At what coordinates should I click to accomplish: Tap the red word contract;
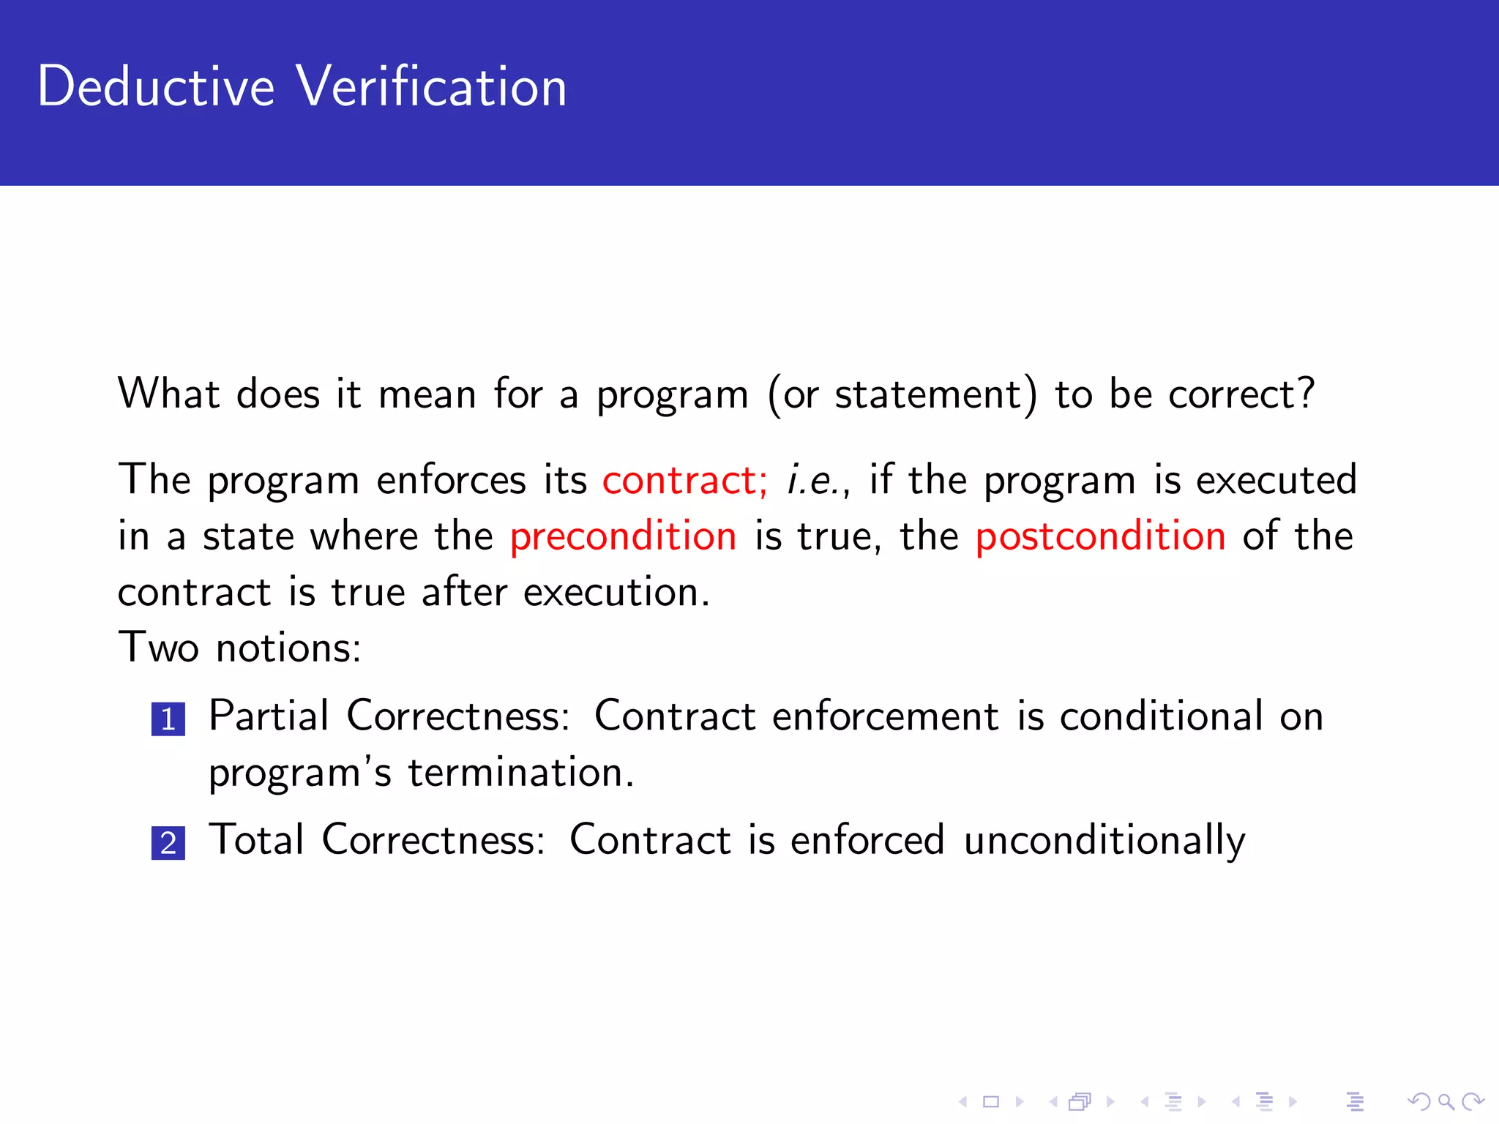coord(684,480)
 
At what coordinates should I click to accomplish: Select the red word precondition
coord(623,536)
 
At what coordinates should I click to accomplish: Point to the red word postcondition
coord(1100,536)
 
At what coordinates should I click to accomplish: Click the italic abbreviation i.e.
coord(810,480)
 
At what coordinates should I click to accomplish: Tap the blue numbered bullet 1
coord(168,719)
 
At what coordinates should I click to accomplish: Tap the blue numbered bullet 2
coord(168,843)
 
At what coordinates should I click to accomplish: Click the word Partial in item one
coord(269,716)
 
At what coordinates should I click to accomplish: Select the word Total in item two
coord(256,839)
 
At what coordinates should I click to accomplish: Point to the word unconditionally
coord(1104,840)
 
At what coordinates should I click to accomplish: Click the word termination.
coord(520,773)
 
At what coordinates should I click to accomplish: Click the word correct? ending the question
coord(1241,394)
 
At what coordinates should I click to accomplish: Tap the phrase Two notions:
coord(239,648)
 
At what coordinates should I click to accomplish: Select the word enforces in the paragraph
coord(451,480)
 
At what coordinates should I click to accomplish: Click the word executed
coord(1276,480)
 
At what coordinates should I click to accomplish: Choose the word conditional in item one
coord(1161,716)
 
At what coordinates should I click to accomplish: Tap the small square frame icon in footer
coord(991,1101)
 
